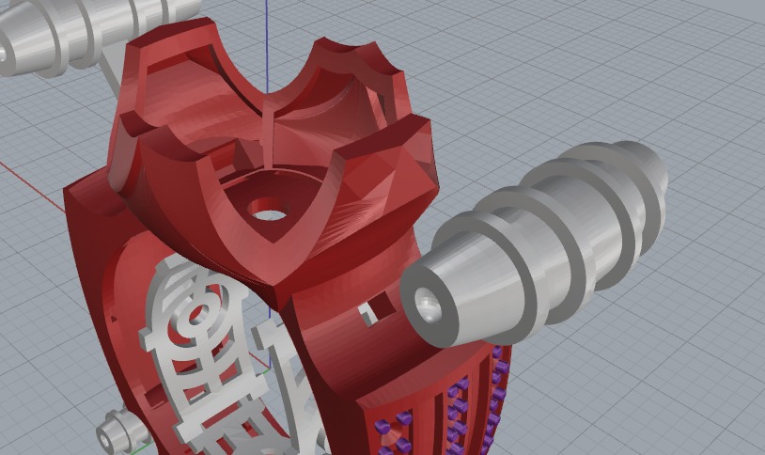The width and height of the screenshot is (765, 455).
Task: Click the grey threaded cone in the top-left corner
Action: pos(56,33)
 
